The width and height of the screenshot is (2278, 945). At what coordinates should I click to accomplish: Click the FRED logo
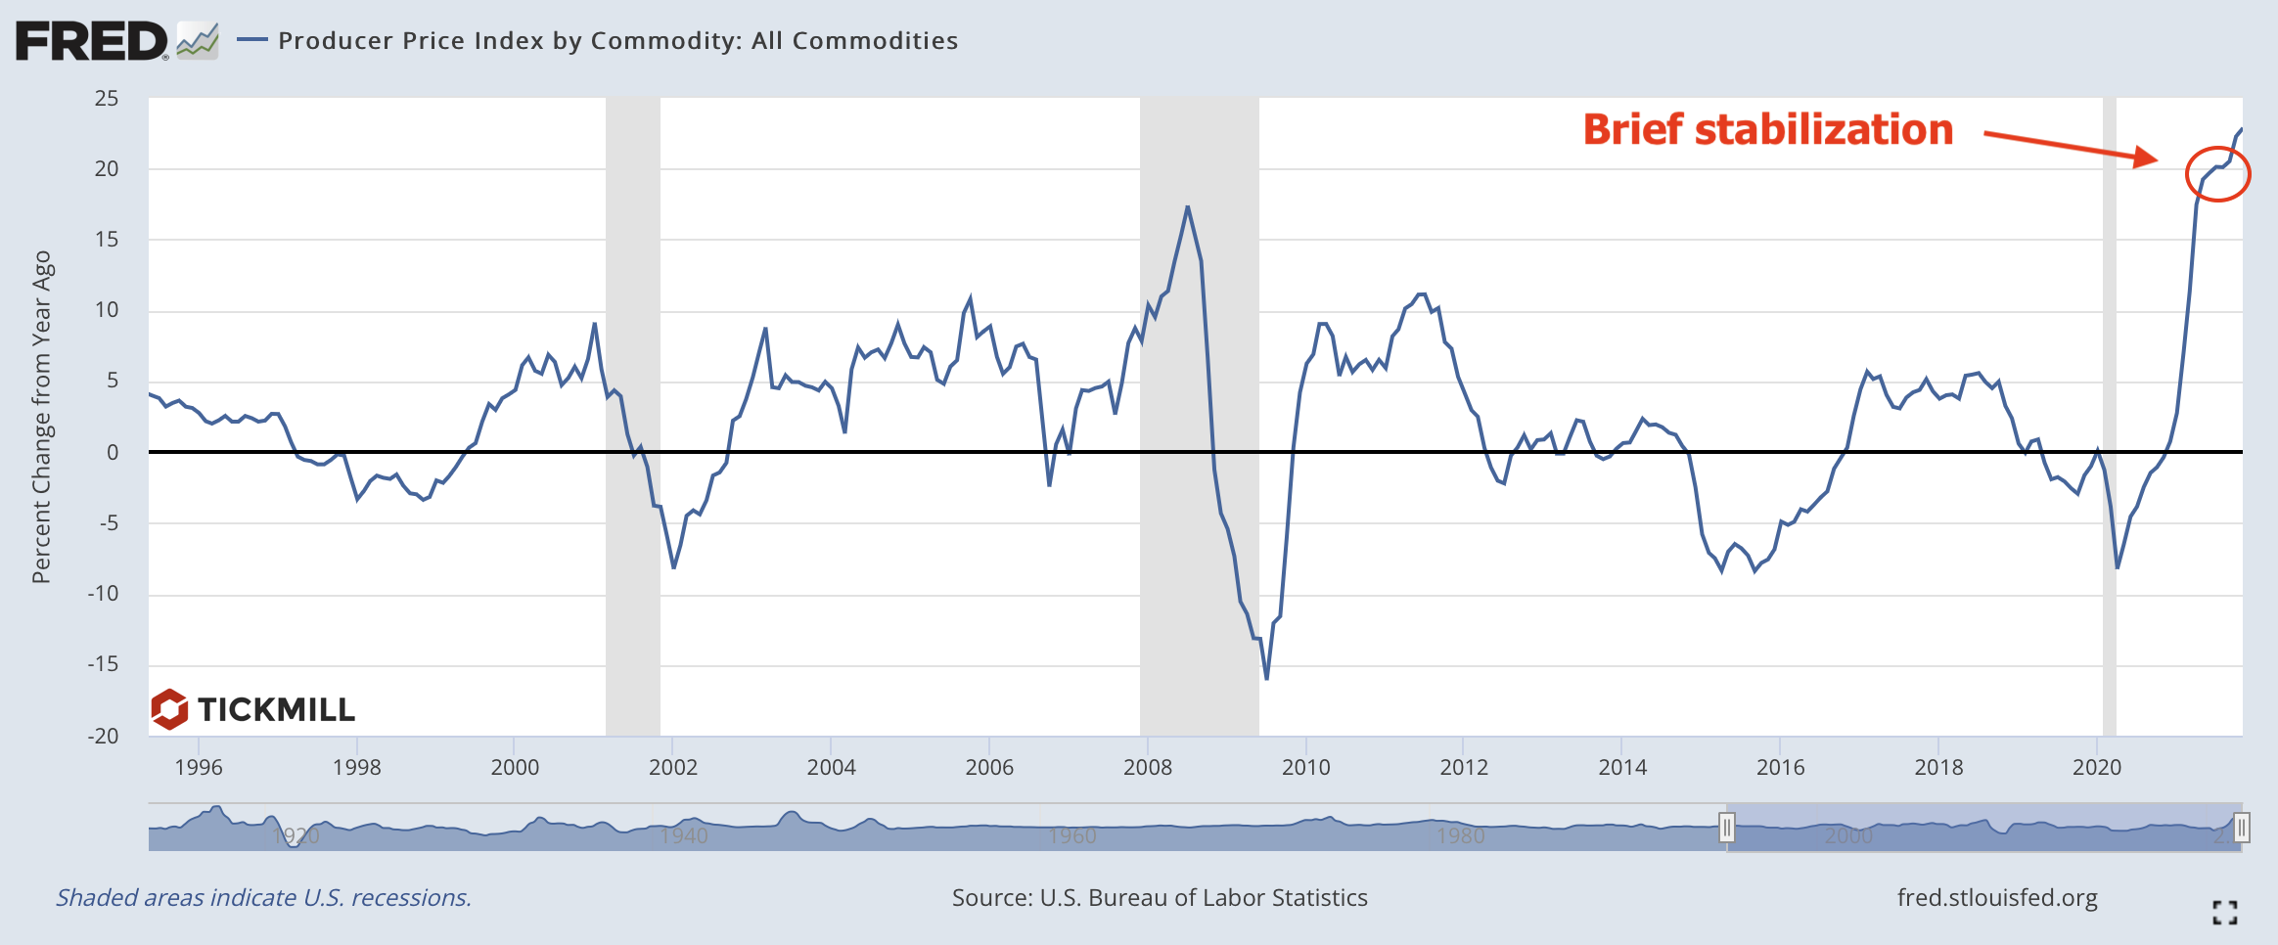click(93, 41)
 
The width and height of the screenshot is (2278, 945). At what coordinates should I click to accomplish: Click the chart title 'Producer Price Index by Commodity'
click(617, 41)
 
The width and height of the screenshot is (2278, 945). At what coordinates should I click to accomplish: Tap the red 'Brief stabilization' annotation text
click(1767, 130)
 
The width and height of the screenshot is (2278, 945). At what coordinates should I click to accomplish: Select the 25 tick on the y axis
click(107, 99)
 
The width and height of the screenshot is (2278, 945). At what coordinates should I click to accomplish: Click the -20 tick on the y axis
click(104, 736)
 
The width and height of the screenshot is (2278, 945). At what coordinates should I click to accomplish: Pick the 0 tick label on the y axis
click(113, 452)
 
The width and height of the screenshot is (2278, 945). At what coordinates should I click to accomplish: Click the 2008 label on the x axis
click(1147, 767)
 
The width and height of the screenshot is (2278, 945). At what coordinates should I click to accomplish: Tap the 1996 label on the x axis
click(199, 767)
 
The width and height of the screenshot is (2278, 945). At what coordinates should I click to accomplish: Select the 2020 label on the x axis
click(2096, 767)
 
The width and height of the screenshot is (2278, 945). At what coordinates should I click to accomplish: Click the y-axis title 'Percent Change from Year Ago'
click(41, 418)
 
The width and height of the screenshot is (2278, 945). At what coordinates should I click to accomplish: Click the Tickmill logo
click(253, 709)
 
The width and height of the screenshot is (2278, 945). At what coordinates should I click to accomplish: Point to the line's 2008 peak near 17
click(1187, 206)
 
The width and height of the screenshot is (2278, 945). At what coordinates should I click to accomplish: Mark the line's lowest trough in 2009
click(1266, 679)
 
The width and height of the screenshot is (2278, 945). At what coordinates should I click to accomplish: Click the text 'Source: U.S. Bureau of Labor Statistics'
click(1160, 898)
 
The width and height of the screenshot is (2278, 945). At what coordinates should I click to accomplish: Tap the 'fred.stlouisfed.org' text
click(1996, 898)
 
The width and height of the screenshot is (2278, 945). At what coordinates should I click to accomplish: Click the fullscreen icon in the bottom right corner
click(2224, 913)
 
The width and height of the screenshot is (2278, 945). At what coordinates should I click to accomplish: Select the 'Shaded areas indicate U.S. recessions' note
click(263, 898)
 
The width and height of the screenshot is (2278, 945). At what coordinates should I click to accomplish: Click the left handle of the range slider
click(1727, 829)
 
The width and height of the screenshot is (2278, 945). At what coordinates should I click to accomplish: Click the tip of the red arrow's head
click(2158, 158)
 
